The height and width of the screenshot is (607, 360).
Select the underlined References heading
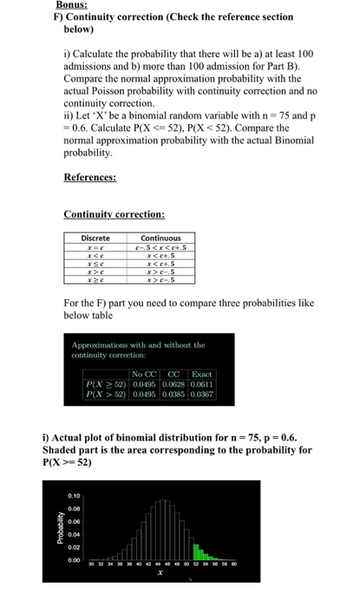coord(91,177)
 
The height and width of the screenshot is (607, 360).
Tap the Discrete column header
coord(95,238)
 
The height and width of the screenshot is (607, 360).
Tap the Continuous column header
coord(160,238)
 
